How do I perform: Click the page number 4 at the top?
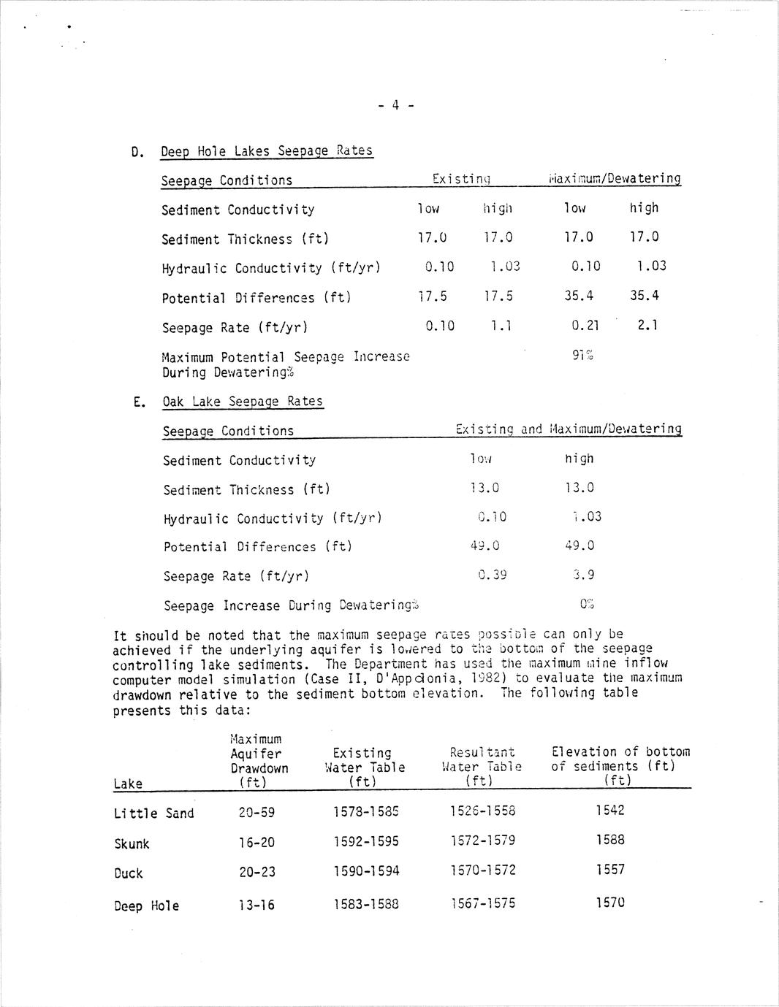coord(395,105)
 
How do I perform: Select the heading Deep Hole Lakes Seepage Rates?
coord(266,151)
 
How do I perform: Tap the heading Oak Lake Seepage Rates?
coord(242,401)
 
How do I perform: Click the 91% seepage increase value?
coord(582,356)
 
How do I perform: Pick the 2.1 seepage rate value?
coord(647,325)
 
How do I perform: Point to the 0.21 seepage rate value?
coord(585,326)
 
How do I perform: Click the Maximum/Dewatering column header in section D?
coord(615,179)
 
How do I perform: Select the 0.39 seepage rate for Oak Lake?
coord(492,575)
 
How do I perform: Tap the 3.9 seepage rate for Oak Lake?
coord(583,575)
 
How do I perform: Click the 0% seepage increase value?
coord(586,604)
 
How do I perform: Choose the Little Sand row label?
coord(153,813)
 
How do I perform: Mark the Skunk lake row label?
coord(132,843)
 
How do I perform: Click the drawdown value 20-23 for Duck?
coord(256,871)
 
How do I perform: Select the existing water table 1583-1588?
coord(366,904)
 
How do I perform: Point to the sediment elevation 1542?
coord(610,810)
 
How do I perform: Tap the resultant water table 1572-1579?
coord(482,841)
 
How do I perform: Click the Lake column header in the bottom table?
coord(128,784)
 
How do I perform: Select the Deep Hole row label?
coord(146,905)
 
